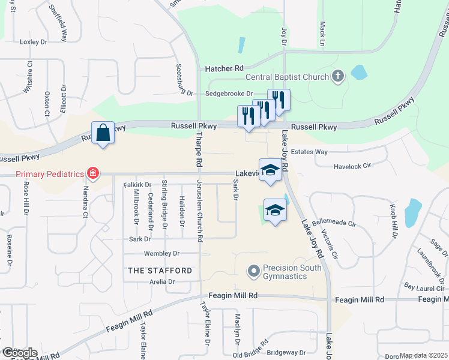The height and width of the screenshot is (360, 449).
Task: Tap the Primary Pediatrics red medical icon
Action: point(92,174)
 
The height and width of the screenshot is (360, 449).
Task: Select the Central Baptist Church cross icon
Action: point(338,76)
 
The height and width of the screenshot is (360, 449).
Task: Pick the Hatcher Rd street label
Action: point(223,69)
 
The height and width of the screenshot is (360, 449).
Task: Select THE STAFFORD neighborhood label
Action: point(160,271)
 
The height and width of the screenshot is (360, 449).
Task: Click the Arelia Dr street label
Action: point(163,281)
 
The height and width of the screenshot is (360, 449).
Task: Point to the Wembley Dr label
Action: point(162,254)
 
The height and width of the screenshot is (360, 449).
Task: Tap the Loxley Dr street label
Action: point(33,42)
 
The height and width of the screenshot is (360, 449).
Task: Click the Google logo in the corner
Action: point(19,353)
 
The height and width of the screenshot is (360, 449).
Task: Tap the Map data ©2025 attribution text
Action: point(423,355)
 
